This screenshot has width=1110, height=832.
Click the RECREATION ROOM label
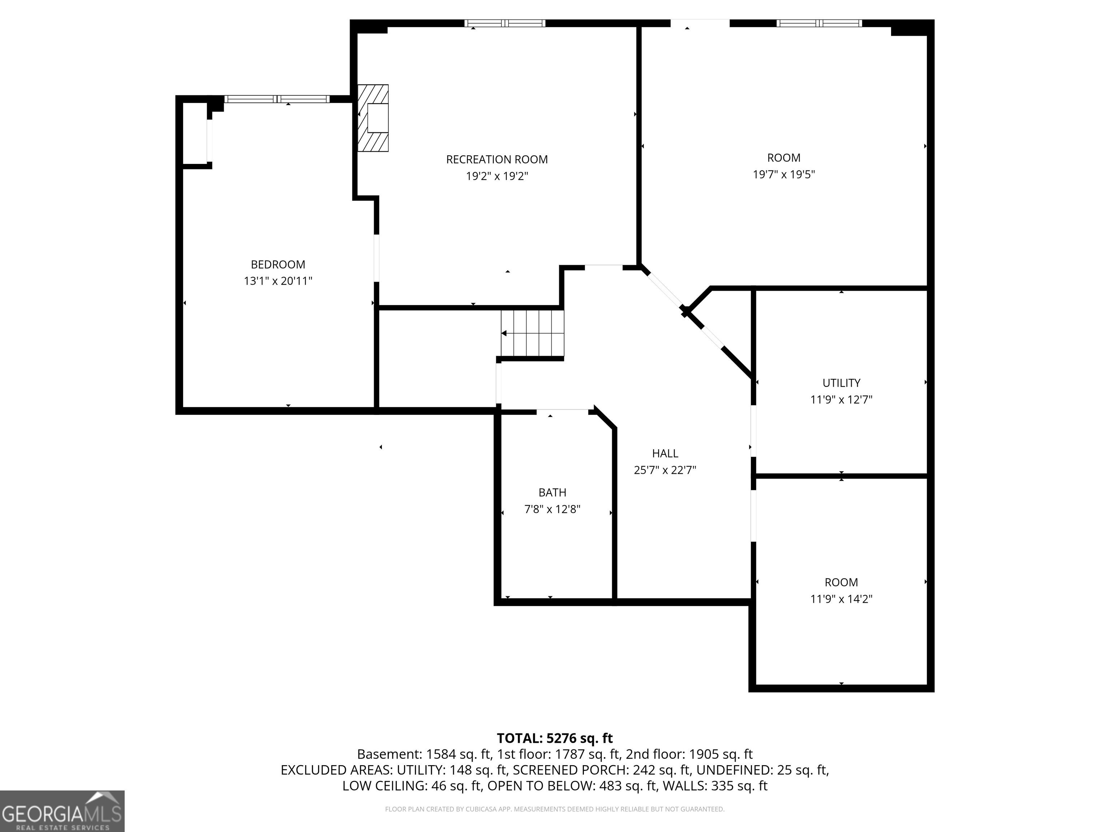[497, 160]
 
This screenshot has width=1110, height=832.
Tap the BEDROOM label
[278, 264]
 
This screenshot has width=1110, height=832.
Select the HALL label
[665, 453]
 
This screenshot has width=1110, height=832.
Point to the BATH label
[552, 493]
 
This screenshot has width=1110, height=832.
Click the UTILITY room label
[842, 383]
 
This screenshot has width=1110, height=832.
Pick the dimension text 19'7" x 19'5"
[784, 174]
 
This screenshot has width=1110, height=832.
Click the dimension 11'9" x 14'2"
[842, 599]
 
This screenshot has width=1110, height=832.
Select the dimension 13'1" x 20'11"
[278, 281]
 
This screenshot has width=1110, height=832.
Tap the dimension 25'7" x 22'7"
[665, 470]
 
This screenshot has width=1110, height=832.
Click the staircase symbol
[533, 334]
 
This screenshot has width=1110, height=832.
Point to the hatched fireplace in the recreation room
[373, 118]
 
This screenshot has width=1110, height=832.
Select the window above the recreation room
[505, 23]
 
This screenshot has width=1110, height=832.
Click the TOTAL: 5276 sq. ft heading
[555, 738]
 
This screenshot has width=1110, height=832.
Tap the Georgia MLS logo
[62, 811]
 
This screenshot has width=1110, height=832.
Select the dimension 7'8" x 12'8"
[552, 509]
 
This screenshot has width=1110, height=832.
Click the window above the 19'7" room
[819, 23]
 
